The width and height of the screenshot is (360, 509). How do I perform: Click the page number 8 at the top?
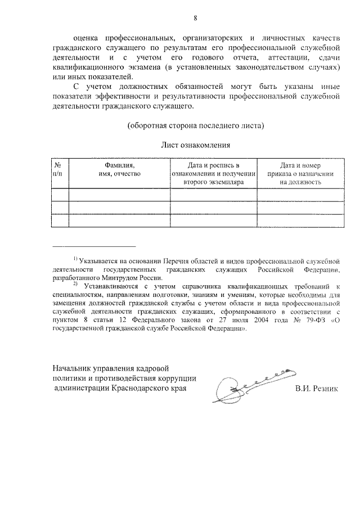195,18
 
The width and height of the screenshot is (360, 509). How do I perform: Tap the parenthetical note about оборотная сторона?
195,124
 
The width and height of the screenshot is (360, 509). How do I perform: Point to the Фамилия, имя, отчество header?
119,170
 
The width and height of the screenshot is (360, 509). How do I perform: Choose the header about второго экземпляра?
213,174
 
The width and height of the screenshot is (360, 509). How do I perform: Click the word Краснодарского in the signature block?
139,389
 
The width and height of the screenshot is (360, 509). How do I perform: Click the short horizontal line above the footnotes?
93,246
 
